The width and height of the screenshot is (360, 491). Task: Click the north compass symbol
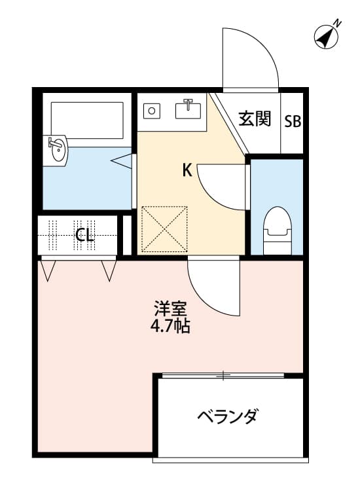click(327, 36)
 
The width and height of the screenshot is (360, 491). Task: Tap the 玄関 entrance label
click(255, 119)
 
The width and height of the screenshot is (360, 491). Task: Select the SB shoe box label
click(293, 122)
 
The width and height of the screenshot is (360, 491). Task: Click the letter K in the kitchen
click(187, 171)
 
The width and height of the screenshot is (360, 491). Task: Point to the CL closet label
click(84, 234)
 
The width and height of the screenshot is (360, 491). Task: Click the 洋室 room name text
click(172, 308)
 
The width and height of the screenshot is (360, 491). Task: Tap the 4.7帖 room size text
click(171, 325)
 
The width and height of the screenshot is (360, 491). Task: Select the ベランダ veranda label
click(228, 416)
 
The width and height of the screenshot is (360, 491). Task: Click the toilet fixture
click(276, 229)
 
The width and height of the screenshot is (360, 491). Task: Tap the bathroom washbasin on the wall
click(57, 150)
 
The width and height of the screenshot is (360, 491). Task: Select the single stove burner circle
click(153, 111)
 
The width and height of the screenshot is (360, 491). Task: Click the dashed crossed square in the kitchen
click(165, 228)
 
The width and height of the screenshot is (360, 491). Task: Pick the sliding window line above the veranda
click(223, 375)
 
